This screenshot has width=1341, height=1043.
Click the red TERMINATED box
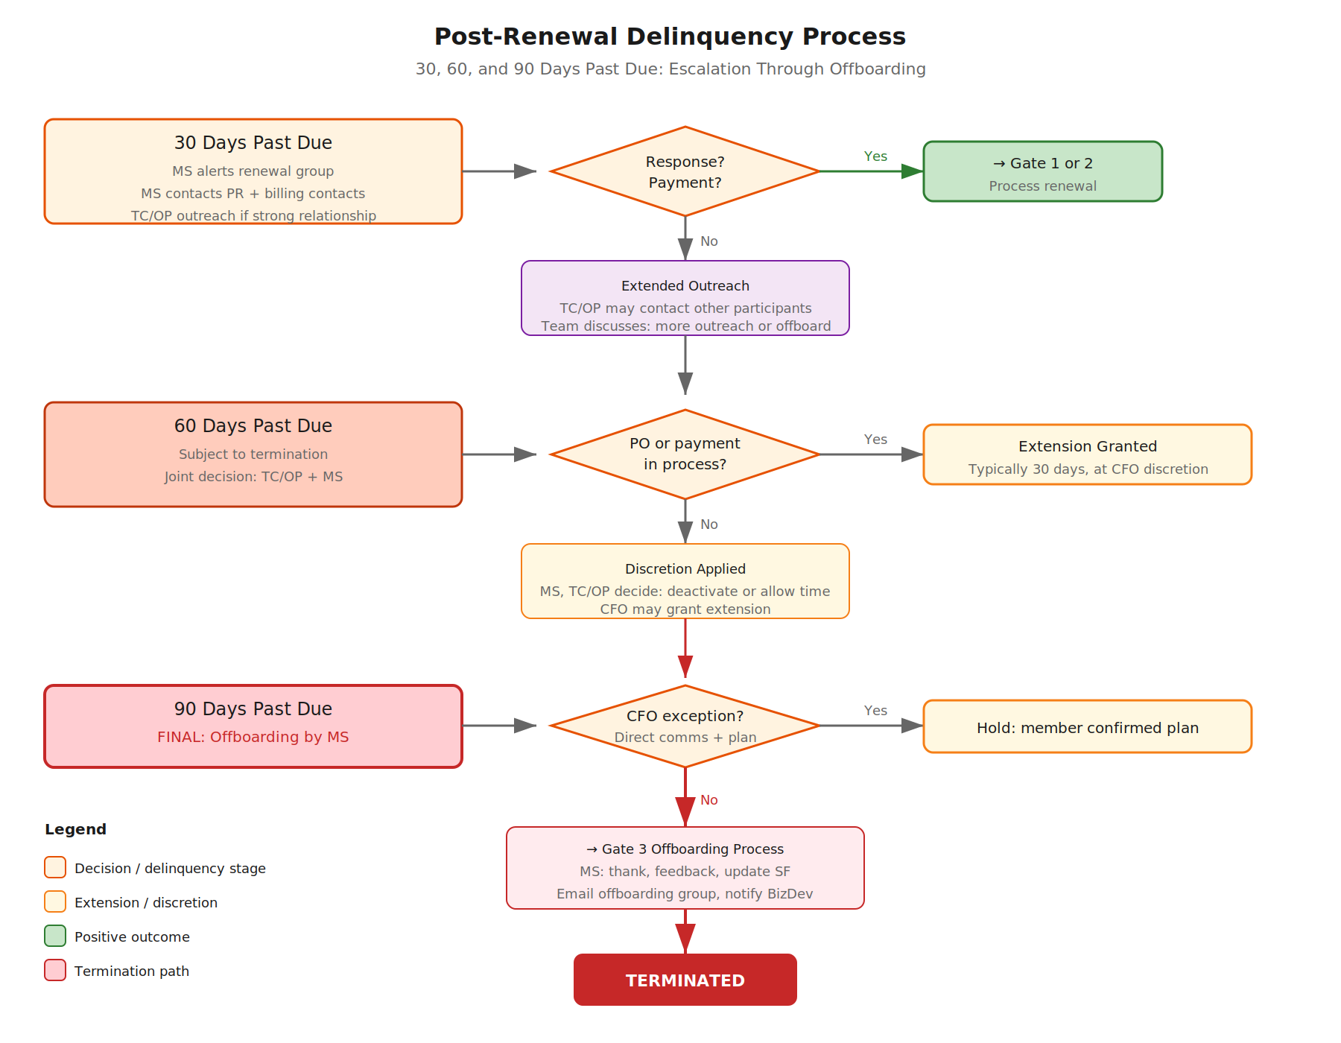(x=685, y=980)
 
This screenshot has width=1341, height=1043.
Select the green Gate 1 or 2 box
(x=1042, y=171)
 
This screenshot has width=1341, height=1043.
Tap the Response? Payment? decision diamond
(x=685, y=171)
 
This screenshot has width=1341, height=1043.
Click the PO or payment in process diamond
(x=685, y=454)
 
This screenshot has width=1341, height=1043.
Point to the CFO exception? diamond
(x=685, y=726)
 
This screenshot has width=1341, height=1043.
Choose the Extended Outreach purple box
(x=685, y=298)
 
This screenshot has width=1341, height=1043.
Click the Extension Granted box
(x=1087, y=454)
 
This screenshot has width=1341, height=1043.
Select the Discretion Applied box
(x=685, y=581)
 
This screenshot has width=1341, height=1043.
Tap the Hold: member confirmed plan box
(x=1087, y=727)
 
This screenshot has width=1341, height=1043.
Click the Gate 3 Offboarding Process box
(x=685, y=868)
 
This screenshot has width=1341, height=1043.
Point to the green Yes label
(x=875, y=156)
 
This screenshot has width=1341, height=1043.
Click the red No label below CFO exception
(x=708, y=800)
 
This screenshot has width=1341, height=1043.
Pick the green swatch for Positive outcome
(x=55, y=936)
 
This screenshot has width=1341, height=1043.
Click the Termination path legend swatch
(x=55, y=970)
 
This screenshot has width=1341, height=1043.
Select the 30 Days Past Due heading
(x=253, y=143)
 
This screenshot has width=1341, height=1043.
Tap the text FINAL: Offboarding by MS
(x=253, y=737)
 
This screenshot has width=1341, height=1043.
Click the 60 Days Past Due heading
(x=253, y=426)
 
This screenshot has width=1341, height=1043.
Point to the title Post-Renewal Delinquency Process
(x=670, y=37)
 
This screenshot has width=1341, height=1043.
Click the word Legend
(x=75, y=829)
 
